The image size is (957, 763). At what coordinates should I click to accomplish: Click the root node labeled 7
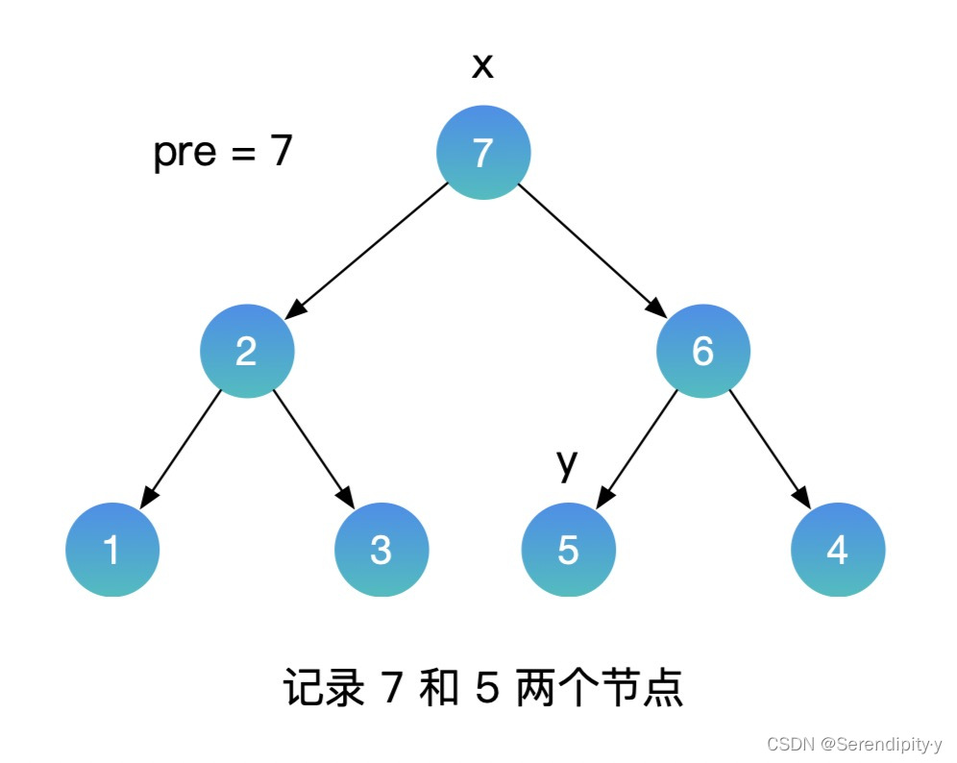click(483, 152)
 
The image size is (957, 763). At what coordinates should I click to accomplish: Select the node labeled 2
click(247, 352)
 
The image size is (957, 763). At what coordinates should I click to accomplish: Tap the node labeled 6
click(702, 352)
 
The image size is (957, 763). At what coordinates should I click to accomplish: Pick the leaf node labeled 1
click(112, 550)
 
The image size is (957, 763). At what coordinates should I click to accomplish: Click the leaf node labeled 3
click(381, 550)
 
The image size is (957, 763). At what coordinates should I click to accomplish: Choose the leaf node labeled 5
click(568, 550)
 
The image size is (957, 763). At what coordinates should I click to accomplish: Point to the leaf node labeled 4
click(837, 550)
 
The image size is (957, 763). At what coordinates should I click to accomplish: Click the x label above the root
click(482, 66)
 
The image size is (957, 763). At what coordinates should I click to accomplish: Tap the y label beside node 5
click(567, 463)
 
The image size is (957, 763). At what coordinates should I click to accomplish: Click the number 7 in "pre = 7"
click(280, 151)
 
